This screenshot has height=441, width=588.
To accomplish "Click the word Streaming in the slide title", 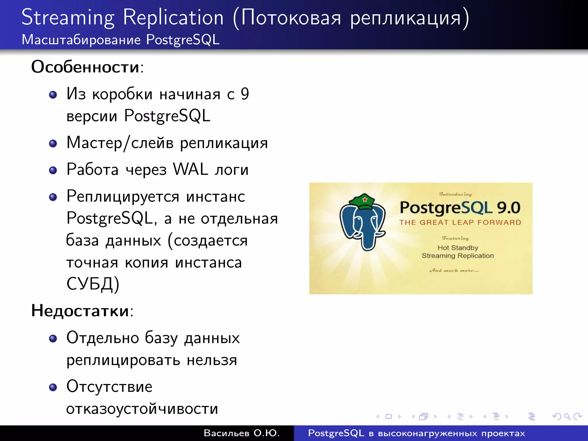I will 68,18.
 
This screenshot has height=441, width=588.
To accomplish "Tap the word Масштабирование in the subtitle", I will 81,40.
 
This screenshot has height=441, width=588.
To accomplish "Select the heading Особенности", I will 85,67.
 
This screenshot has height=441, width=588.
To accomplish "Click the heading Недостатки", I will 80,311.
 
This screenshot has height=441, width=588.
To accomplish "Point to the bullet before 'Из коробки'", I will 53,95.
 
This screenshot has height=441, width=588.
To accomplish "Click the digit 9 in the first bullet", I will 245,94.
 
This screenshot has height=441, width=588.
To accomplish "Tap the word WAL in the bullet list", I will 190,169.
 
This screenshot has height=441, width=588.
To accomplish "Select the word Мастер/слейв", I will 120,143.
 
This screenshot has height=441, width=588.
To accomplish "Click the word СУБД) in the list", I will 92,284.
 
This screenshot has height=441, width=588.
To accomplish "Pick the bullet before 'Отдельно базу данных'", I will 53,339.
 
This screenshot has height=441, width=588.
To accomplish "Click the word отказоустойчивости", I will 142,409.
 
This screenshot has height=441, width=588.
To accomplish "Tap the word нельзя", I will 212,360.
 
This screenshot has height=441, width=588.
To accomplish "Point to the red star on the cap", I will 365,199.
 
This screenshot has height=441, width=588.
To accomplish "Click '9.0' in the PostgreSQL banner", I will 508,208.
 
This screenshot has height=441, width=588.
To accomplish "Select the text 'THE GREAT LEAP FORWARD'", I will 460,223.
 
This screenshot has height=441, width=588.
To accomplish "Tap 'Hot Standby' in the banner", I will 458,248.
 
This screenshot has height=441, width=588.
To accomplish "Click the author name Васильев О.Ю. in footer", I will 241,433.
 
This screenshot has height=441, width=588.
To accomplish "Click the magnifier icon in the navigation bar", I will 567,416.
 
